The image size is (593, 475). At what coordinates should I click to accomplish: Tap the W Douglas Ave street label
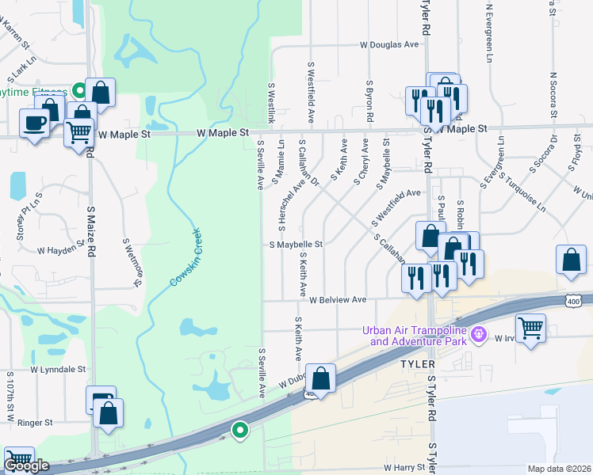(x=388, y=45)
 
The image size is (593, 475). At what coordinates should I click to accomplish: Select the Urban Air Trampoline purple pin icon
(x=478, y=335)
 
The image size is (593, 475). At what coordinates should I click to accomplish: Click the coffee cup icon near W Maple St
(x=36, y=123)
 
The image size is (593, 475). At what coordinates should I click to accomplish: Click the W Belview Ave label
(x=338, y=301)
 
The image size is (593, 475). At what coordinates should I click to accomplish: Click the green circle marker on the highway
(x=239, y=431)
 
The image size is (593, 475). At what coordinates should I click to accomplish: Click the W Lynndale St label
(x=58, y=369)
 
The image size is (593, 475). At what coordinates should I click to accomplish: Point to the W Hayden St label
(x=61, y=249)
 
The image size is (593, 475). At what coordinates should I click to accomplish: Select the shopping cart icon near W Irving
(x=530, y=326)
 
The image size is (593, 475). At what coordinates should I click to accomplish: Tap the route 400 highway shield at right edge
(x=574, y=300)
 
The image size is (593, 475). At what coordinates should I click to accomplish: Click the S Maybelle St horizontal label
(x=296, y=245)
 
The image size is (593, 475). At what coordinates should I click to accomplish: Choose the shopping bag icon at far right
(x=571, y=259)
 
